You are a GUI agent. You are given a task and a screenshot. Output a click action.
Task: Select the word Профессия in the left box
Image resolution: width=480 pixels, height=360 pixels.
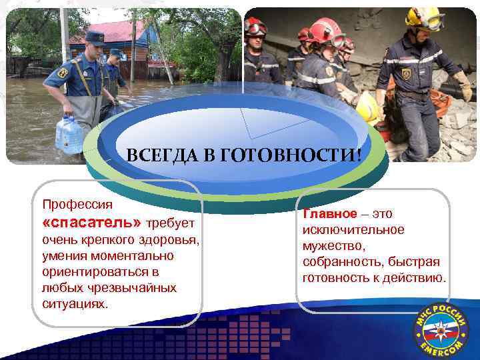click(77, 203)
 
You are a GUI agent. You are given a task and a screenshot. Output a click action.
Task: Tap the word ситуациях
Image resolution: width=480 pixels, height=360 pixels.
click(73, 303)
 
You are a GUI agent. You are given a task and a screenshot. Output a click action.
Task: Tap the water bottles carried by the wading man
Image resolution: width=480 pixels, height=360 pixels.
click(69, 133)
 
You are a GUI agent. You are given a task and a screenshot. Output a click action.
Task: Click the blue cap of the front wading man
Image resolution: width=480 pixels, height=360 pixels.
click(95, 37)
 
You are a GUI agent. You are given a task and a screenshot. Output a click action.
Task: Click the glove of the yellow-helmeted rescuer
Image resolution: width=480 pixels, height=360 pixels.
click(463, 87)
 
